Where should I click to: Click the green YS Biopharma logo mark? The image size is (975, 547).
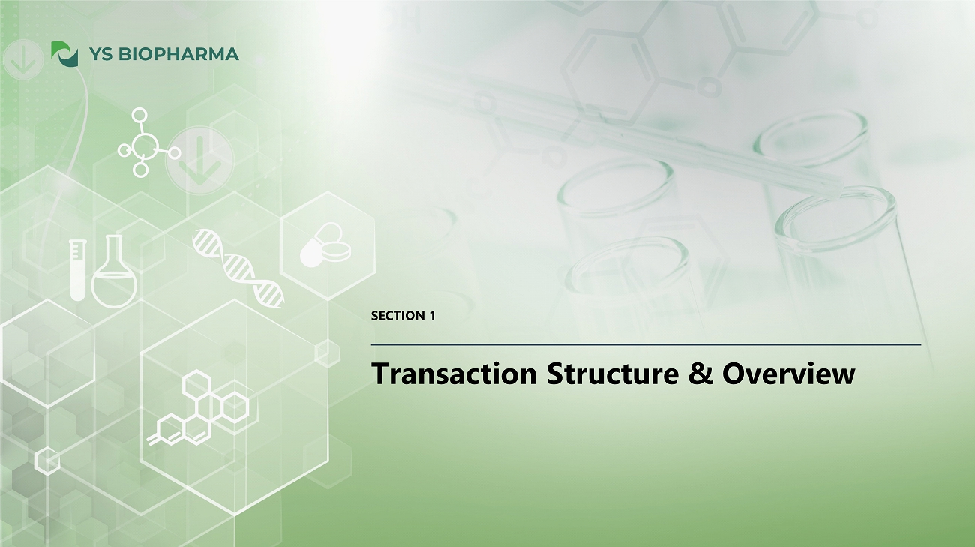64,53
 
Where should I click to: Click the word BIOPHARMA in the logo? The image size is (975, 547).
178,54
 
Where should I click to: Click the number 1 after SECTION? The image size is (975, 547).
432,316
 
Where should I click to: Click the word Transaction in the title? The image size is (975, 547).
454,374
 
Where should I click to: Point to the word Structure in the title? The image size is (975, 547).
613,374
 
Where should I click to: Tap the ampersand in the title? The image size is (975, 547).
700,374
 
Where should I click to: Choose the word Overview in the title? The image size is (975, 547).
789,374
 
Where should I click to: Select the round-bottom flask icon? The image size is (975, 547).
114,272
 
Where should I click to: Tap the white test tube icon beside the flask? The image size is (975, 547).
78,270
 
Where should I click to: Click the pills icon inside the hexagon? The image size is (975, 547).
325,245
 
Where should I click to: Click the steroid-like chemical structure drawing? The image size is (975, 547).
198,407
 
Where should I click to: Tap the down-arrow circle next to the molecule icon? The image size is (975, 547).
199,160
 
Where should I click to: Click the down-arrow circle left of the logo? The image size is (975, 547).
22,59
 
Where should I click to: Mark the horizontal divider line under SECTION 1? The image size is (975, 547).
646,344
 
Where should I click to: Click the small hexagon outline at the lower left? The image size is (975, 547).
47,460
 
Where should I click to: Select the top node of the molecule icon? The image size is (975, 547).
139,116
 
